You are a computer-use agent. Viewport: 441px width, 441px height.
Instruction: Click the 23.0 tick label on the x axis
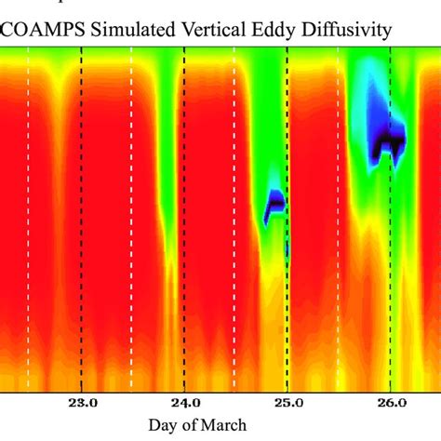pos(83,403)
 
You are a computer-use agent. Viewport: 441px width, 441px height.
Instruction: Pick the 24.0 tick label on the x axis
pos(185,403)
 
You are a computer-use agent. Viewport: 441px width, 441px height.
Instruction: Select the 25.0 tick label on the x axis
pos(287,403)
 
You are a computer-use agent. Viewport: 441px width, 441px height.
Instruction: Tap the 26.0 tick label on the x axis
pos(390,403)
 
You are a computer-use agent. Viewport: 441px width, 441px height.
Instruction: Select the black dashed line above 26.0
pos(390,279)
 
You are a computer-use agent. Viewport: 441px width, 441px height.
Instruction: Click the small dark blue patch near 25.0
pos(275,203)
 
